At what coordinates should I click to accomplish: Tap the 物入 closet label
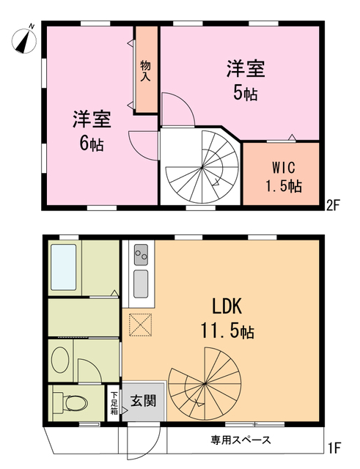coord(145,71)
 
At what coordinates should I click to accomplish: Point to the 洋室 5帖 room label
coord(245,81)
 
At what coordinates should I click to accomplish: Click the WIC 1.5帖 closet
coord(282,177)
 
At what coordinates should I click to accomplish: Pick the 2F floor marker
coord(334,205)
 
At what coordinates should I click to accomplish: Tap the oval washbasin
coord(62,360)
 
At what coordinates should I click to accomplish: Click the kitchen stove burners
coord(141,256)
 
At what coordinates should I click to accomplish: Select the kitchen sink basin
coord(141,281)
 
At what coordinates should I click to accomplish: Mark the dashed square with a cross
coord(140,323)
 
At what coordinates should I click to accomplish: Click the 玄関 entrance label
coord(142,401)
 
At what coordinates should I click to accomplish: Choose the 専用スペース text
coord(241,440)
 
